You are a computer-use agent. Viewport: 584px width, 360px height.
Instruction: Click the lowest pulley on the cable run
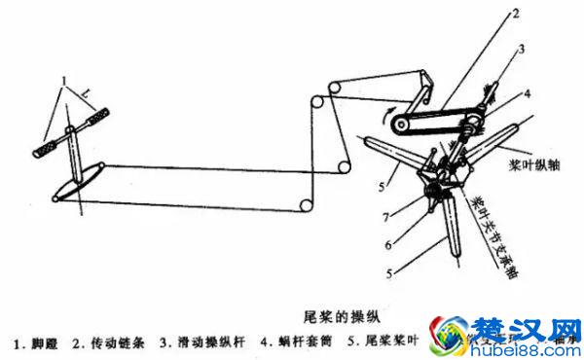(x=307, y=207)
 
